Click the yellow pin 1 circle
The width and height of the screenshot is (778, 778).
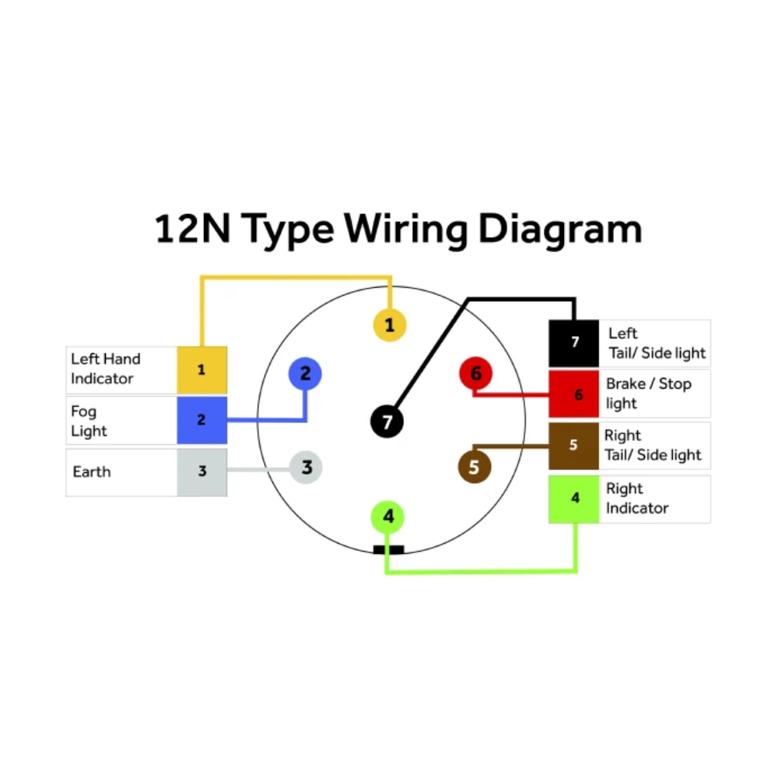pyautogui.click(x=390, y=325)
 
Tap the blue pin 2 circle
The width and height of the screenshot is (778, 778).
pyautogui.click(x=305, y=373)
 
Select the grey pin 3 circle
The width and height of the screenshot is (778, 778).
pyautogui.click(x=306, y=467)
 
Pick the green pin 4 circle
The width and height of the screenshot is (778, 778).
pyautogui.click(x=388, y=517)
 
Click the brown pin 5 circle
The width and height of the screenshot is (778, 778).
pyautogui.click(x=475, y=466)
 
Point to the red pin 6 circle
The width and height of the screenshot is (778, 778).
pyautogui.click(x=476, y=373)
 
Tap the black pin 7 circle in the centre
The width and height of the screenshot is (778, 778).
pyautogui.click(x=387, y=422)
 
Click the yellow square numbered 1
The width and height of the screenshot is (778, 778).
pyautogui.click(x=202, y=370)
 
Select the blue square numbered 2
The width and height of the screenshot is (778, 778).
pyautogui.click(x=202, y=420)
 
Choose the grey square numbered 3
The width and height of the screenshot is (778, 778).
pyautogui.click(x=202, y=472)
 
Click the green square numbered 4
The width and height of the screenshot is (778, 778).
pyautogui.click(x=573, y=499)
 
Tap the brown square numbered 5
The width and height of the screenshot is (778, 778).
pyautogui.click(x=573, y=446)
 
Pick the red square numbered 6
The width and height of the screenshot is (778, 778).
pyautogui.click(x=573, y=394)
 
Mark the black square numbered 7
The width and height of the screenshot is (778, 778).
pyautogui.click(x=573, y=343)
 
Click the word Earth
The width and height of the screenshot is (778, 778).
pyautogui.click(x=92, y=471)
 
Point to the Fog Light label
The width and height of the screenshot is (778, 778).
pyautogui.click(x=89, y=421)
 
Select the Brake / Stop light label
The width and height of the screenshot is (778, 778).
pyautogui.click(x=649, y=394)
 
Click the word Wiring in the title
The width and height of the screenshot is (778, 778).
pyautogui.click(x=406, y=230)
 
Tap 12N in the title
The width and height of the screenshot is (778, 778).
pyautogui.click(x=193, y=229)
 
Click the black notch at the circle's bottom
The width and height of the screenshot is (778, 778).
pyautogui.click(x=388, y=549)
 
